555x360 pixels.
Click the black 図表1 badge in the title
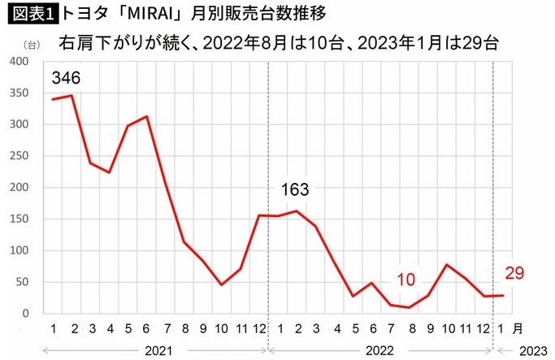[30, 13]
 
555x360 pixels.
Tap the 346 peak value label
[66, 79]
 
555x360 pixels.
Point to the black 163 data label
[295, 191]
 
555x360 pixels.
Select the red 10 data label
[406, 280]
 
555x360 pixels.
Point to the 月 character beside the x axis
[519, 328]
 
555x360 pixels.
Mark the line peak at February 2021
[72, 96]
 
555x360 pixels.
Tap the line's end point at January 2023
[503, 296]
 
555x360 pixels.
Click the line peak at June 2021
[146, 116]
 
